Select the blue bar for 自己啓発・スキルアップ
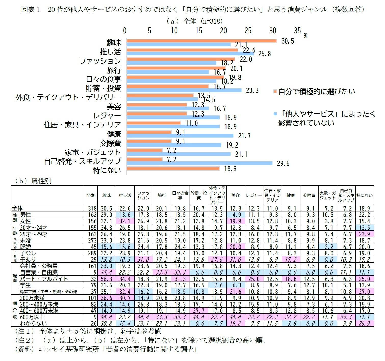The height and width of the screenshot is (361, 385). coord(199,163)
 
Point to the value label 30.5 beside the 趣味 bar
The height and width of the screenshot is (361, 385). coord(287,41)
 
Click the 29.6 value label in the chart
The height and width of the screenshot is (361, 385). coord(283,163)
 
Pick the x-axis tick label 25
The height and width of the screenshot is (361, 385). coord(248,31)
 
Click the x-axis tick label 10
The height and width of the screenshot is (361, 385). coord(174,31)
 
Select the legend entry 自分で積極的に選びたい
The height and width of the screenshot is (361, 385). coord(316,91)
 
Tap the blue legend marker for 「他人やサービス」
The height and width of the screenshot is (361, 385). coord(275,114)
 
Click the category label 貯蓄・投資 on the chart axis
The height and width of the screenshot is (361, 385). coord(103,88)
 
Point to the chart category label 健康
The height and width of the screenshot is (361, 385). coord(114,134)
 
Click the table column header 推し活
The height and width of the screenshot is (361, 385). coord(125,195)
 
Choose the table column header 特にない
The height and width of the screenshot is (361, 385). coord(364,195)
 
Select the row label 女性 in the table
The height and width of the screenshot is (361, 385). coord(25,221)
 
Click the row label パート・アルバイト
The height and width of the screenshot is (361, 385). coord(44,279)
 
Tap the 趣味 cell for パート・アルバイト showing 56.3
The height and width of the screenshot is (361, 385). coord(106,279)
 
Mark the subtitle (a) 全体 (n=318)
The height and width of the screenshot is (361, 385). coord(194,21)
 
